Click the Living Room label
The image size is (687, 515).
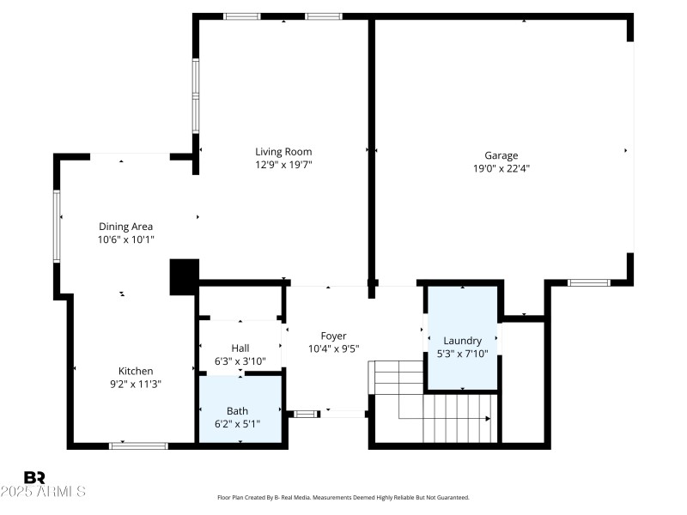click(x=283, y=152)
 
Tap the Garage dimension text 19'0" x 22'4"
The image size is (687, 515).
click(x=501, y=168)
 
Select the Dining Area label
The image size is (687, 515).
click(x=125, y=227)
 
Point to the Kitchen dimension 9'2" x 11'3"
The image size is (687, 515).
click(x=135, y=384)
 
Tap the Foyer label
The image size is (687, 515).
click(x=333, y=336)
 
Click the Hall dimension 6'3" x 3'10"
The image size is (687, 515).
click(x=240, y=360)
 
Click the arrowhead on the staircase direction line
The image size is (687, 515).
click(x=488, y=419)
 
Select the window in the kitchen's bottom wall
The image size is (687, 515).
click(x=138, y=445)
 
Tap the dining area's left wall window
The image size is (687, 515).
click(x=58, y=226)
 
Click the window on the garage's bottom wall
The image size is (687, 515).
click(x=589, y=282)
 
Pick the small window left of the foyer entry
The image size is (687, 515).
click(x=305, y=415)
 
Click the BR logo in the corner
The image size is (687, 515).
click(x=34, y=477)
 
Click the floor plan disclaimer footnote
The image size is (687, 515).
click(x=343, y=497)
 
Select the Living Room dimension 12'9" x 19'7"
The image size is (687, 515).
click(x=283, y=164)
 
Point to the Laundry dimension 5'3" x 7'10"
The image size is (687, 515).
click(x=468, y=353)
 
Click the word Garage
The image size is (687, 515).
click(x=501, y=155)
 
